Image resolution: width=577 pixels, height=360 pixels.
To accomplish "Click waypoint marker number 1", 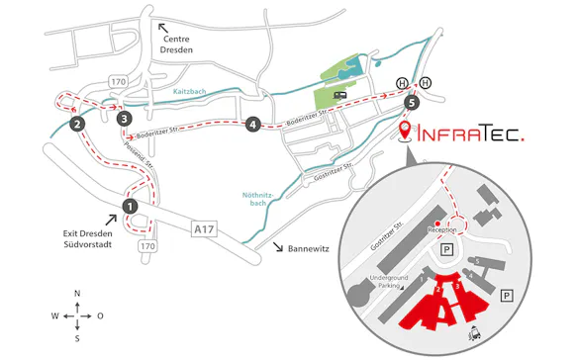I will click(x=130, y=205).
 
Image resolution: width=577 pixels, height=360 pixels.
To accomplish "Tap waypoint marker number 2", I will click(x=76, y=124).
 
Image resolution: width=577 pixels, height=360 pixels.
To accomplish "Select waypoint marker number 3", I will click(x=124, y=118).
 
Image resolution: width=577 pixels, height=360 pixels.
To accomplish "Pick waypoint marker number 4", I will click(x=254, y=125).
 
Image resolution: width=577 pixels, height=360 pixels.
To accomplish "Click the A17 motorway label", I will click(x=204, y=228).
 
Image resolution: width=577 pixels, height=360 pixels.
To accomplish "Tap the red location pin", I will click(x=407, y=131).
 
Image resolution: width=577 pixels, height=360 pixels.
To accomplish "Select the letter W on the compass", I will click(x=55, y=315).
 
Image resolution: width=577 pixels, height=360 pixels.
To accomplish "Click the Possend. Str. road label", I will click(x=138, y=155).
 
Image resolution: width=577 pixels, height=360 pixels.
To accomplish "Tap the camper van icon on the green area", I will click(x=340, y=96).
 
